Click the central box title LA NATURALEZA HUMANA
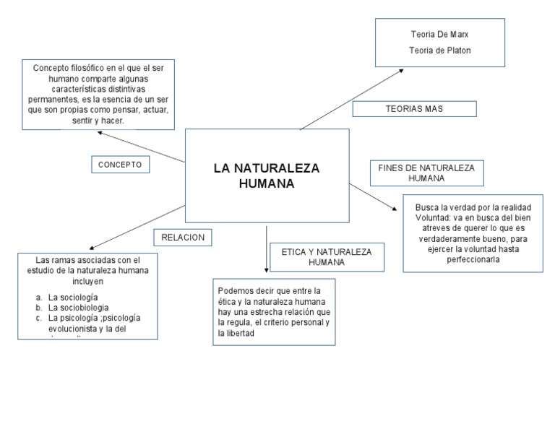click(x=267, y=176)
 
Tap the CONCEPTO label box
click(x=121, y=165)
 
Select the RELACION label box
click(x=184, y=237)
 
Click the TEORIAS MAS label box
click(x=414, y=108)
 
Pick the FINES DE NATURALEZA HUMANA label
click(x=426, y=173)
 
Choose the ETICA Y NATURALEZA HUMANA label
click(x=322, y=256)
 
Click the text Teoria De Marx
click(x=434, y=35)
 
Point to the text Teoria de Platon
click(x=434, y=50)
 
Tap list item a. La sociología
click(x=73, y=297)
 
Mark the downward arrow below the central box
click(x=267, y=249)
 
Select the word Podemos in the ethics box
click(x=235, y=290)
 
